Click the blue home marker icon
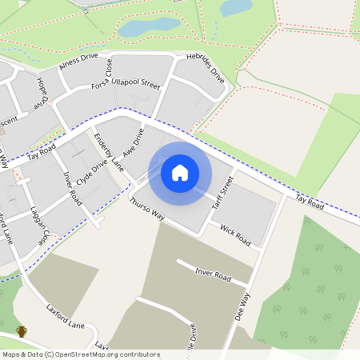tap(180, 172)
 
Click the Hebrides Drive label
tap(206, 69)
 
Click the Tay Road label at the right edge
tap(309, 201)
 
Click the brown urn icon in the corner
tap(22, 332)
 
